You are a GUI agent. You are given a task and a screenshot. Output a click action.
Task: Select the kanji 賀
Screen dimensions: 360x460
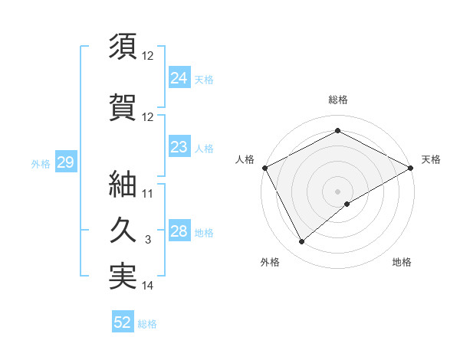123,106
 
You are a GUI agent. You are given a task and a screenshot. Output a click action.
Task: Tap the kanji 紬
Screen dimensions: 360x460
123,183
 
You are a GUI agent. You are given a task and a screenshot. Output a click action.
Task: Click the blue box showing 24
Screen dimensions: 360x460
179,77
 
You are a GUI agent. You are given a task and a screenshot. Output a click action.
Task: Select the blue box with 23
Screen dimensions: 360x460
179,147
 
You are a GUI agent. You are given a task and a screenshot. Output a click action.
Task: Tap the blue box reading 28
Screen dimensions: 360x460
179,231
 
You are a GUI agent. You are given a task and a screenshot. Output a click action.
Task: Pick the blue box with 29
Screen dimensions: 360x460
65,162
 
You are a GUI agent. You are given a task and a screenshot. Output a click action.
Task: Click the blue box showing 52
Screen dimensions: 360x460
123,322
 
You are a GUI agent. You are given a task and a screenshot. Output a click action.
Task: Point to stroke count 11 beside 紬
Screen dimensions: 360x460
148,194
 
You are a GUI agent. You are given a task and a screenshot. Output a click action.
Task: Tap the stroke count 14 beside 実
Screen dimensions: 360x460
148,286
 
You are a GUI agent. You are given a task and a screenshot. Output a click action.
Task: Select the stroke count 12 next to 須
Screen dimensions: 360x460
148,56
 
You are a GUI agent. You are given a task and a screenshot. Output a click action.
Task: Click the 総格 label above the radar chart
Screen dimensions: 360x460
337,100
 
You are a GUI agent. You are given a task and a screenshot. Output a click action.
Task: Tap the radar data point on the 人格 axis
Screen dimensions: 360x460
264,168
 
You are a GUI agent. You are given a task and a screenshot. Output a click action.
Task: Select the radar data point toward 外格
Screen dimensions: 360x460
302,242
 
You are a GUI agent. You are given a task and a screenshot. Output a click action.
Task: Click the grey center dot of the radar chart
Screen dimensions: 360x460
337,191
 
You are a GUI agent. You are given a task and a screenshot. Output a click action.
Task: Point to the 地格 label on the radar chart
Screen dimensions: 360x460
402,262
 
